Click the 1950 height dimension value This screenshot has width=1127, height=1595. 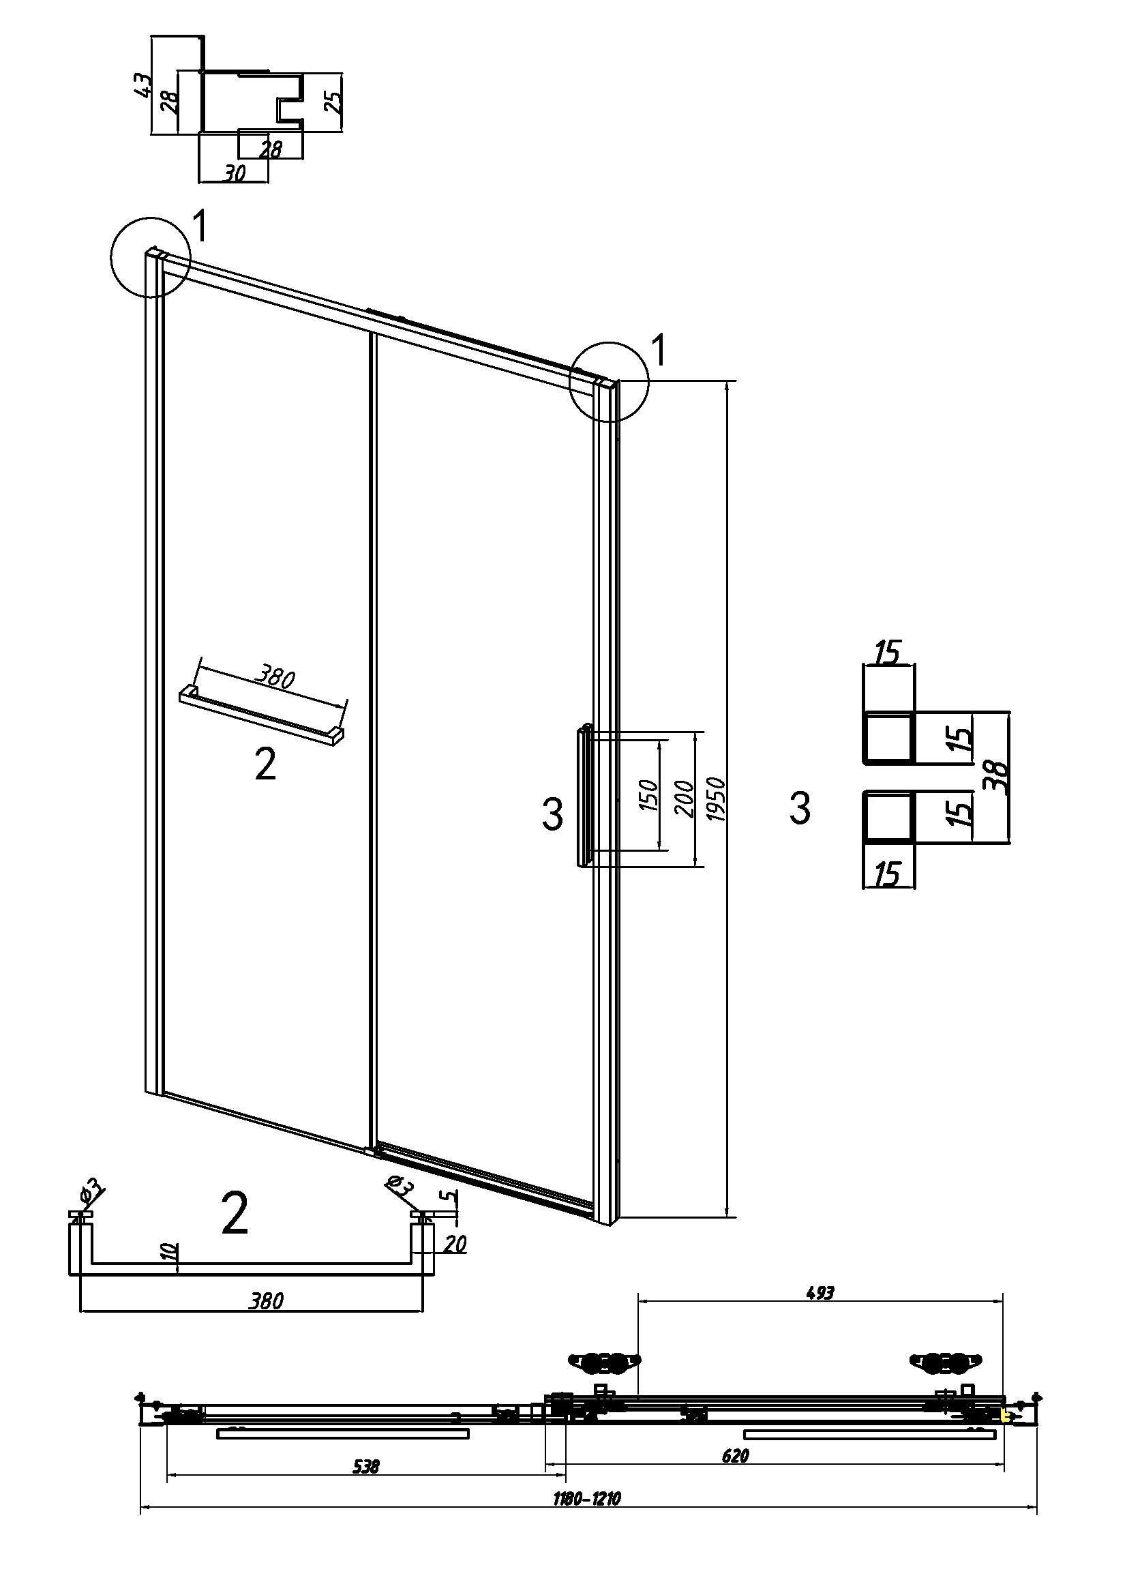pyautogui.click(x=718, y=799)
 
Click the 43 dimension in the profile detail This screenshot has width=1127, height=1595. pyautogui.click(x=142, y=85)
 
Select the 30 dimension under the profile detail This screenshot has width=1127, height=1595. pyautogui.click(x=235, y=174)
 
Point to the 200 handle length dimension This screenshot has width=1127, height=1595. pyautogui.click(x=685, y=799)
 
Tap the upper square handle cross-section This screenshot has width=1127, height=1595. pyautogui.click(x=887, y=738)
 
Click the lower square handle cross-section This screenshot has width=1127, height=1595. pyautogui.click(x=887, y=816)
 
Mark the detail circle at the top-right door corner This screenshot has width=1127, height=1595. pyautogui.click(x=608, y=381)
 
